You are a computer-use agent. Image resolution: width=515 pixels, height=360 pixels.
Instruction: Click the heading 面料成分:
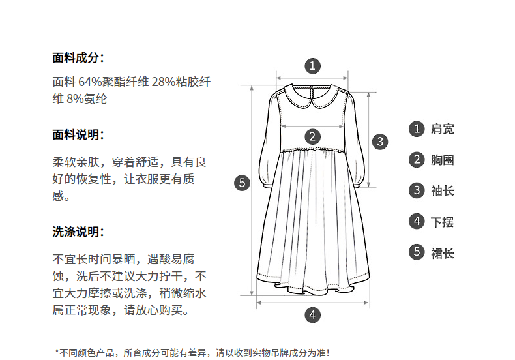click(x=78, y=57)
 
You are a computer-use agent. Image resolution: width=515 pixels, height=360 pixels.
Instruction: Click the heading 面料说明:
click(x=78, y=135)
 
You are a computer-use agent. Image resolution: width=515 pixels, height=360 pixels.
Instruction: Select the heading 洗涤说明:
click(x=78, y=232)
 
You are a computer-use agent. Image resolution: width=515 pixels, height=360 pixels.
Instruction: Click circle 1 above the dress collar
click(x=313, y=65)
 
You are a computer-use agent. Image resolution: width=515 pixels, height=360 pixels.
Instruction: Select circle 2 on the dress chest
click(x=313, y=136)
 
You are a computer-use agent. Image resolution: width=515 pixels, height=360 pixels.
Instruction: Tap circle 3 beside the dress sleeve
click(x=380, y=141)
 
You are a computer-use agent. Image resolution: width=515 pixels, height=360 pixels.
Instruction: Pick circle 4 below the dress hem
click(x=313, y=314)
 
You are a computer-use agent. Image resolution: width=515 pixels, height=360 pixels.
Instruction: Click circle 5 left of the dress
click(x=242, y=183)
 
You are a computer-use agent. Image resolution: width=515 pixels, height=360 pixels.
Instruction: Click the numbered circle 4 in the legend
click(x=417, y=222)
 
